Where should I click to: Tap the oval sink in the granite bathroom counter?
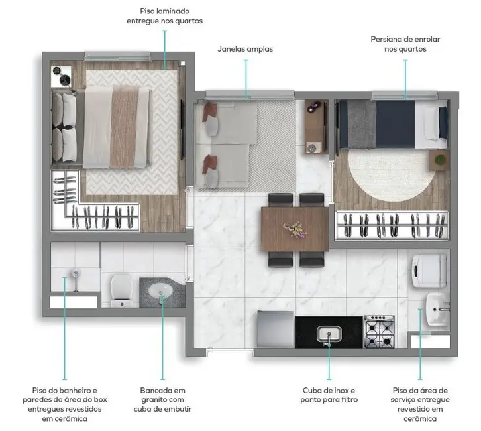pyautogui.click(x=159, y=291)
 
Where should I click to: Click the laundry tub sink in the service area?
pyautogui.click(x=437, y=308)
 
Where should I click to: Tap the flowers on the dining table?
pyautogui.click(x=293, y=228)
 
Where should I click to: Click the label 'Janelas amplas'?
pyautogui.click(x=245, y=49)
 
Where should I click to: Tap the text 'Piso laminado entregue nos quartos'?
pyautogui.click(x=164, y=16)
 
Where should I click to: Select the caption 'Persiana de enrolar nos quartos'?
pyautogui.click(x=405, y=44)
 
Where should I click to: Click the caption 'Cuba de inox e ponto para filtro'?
pyautogui.click(x=329, y=395)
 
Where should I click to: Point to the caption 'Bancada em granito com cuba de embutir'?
pyautogui.click(x=163, y=400)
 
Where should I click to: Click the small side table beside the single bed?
pyautogui.click(x=439, y=160)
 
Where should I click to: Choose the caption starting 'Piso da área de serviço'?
pyautogui.click(x=420, y=404)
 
